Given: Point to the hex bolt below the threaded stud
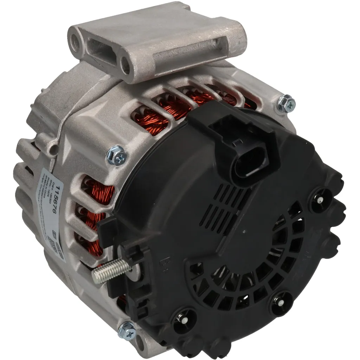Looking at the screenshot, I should [127, 330].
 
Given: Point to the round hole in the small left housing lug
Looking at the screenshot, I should [53, 149].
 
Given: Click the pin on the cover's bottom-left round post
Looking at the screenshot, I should [185, 320].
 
